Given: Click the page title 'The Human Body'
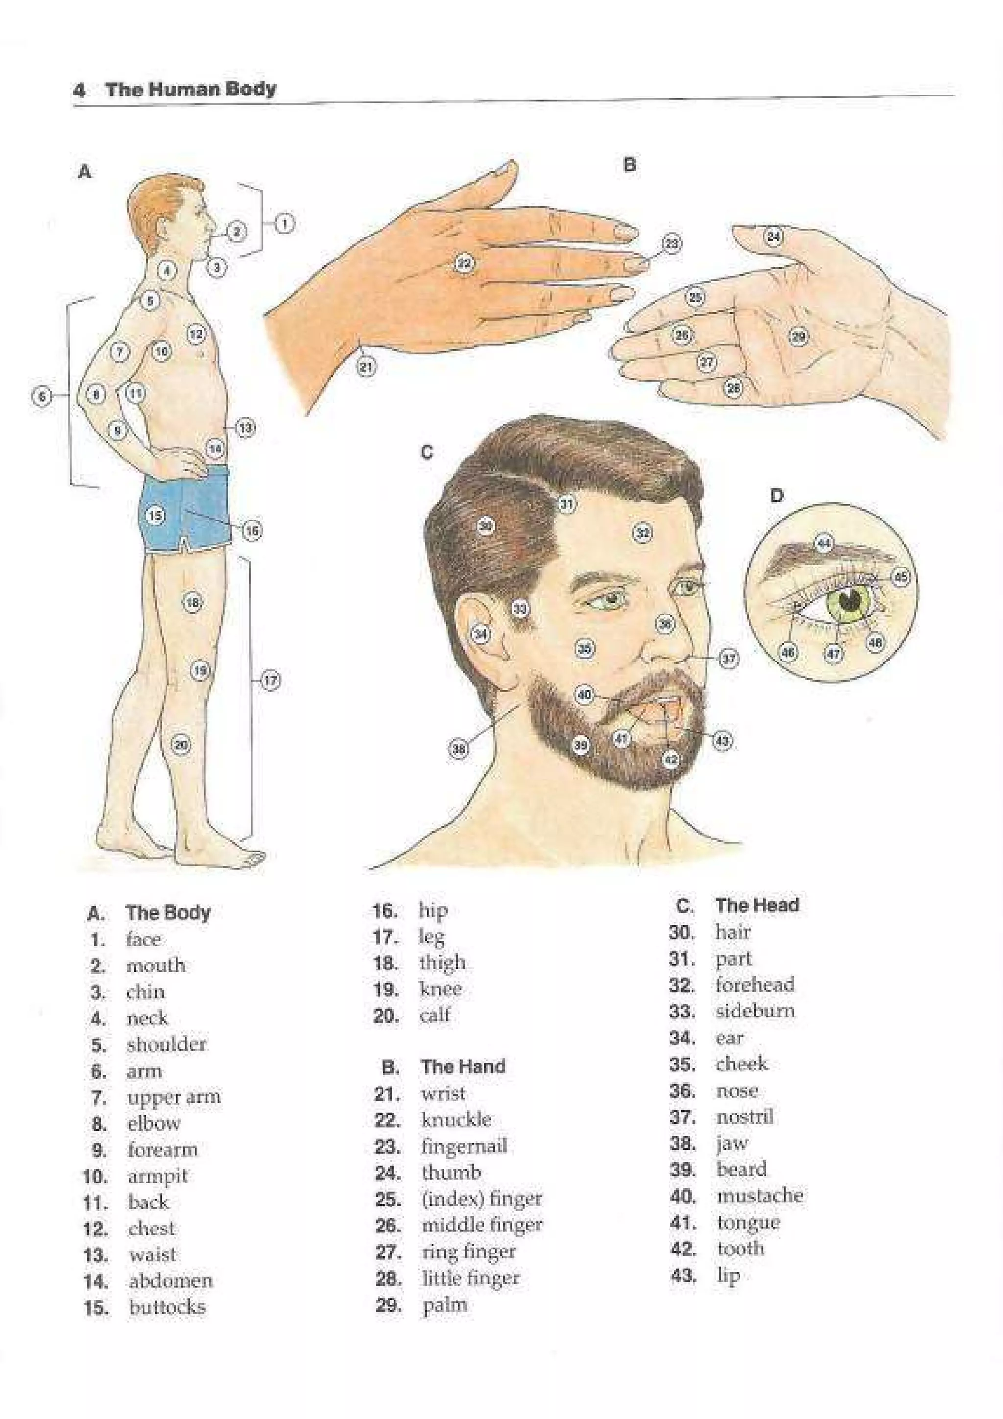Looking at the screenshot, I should (191, 90).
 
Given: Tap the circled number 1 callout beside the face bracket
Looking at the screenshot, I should (284, 223).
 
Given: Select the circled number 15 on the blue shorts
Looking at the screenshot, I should (156, 514).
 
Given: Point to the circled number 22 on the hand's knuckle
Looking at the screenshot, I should (463, 264).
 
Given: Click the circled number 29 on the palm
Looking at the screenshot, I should (798, 337).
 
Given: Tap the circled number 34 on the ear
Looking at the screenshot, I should (480, 634).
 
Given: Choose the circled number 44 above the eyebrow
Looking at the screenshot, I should (824, 543).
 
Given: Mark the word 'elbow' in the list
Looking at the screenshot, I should (154, 1124).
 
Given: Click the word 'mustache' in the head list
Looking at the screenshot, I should (760, 1195).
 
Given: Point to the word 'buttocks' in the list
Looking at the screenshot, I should (167, 1307).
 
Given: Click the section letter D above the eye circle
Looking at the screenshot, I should (777, 495).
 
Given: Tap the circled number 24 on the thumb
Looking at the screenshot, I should (774, 236).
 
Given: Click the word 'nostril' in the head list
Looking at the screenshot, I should (745, 1117).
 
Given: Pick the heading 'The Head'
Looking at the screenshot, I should (757, 905).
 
